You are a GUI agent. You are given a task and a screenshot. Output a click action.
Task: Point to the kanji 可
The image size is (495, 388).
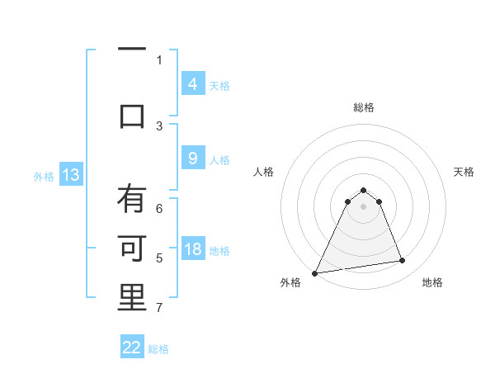pos(131,248)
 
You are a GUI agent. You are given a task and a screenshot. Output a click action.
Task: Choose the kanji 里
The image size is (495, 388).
pos(131,297)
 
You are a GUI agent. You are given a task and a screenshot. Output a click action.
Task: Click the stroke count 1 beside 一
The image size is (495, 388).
pos(159,59)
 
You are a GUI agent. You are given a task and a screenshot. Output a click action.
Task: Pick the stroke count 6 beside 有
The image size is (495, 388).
pos(159,209)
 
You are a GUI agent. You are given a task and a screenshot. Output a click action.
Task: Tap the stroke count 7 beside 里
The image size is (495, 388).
pos(159,308)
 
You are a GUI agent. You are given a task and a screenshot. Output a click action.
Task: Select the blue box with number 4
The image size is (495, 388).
pos(192,83)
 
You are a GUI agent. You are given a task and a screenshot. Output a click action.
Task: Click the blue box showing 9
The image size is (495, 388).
pos(192,159)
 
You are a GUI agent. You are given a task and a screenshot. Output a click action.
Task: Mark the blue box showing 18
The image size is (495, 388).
pos(192,250)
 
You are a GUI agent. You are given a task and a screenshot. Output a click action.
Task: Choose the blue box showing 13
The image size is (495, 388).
pos(71,174)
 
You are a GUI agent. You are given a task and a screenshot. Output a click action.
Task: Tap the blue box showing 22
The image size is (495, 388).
pos(132,348)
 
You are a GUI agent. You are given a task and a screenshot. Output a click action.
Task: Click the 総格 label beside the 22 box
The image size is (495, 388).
pos(159,349)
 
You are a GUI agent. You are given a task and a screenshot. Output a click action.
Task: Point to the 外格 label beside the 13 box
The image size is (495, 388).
pos(44,176)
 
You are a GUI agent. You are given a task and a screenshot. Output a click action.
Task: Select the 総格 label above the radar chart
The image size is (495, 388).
pos(363,108)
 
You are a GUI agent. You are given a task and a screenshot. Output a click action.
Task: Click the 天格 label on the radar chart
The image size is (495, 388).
pos(464,172)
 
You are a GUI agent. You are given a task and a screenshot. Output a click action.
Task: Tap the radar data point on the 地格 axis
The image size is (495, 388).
pos(403,261)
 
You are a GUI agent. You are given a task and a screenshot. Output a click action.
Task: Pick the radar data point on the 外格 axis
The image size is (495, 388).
pos(314,273)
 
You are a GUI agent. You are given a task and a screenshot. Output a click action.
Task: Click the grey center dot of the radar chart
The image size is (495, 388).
pos(363,206)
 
